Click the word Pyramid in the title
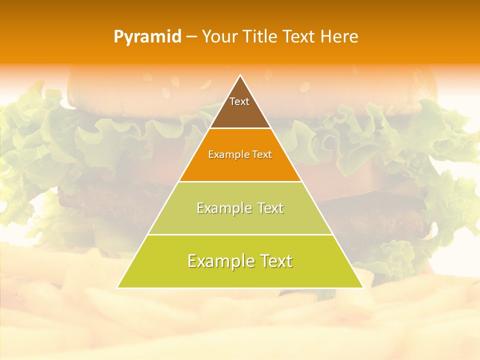point(147,37)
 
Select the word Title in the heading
point(260,37)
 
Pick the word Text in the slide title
point(299,37)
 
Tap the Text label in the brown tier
point(239,101)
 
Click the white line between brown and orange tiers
point(240,128)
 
